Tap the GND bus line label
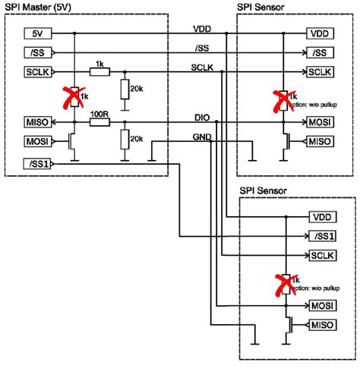(201, 137)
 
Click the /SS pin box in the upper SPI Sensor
(320, 53)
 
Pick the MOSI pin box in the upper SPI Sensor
(320, 121)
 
